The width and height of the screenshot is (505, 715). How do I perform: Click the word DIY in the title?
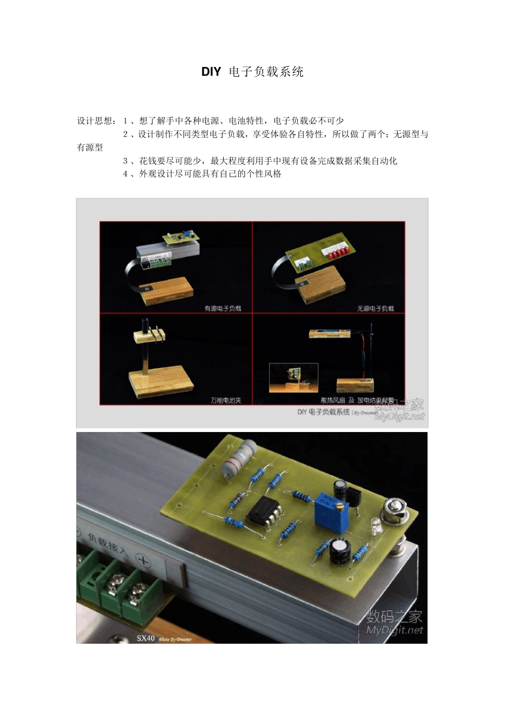(211, 72)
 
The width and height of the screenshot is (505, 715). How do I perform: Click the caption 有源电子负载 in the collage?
(223, 309)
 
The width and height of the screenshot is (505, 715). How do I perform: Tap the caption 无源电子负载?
(375, 309)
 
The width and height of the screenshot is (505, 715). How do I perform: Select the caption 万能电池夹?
(226, 400)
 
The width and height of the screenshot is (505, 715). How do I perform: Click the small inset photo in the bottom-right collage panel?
(293, 378)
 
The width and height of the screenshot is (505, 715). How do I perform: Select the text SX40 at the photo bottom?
(145, 638)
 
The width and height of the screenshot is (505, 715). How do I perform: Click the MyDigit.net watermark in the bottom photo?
(394, 630)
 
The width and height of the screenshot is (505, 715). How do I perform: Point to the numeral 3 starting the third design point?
(125, 161)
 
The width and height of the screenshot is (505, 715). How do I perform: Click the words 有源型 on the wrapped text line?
(90, 147)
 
